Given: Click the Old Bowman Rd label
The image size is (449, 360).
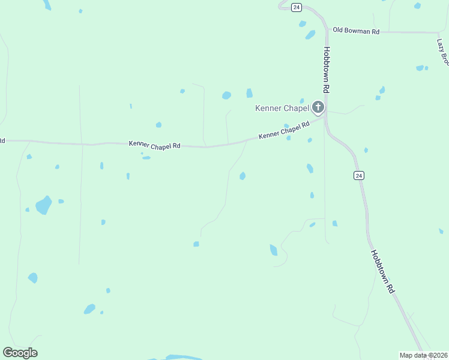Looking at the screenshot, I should [x=357, y=31].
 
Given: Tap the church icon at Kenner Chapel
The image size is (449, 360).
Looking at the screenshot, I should [x=318, y=108].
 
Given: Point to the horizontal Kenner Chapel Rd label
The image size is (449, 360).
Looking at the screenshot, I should [x=154, y=145].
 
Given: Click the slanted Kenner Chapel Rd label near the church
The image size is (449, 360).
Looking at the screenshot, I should [x=284, y=130].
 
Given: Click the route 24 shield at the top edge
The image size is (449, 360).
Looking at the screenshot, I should [x=297, y=7].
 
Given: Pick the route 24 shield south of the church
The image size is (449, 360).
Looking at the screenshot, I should [x=358, y=175].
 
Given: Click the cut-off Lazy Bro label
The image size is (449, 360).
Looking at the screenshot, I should [x=443, y=52].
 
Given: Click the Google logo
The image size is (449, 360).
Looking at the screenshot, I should [x=20, y=353].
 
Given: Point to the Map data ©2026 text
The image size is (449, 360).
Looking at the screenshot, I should [x=423, y=355].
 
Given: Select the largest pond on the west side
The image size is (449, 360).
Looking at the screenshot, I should [x=43, y=205].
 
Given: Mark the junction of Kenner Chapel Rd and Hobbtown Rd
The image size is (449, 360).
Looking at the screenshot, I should [x=325, y=116].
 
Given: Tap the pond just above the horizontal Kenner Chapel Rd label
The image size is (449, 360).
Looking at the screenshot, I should [x=158, y=125].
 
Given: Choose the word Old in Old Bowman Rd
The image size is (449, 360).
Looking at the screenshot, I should [x=338, y=30].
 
